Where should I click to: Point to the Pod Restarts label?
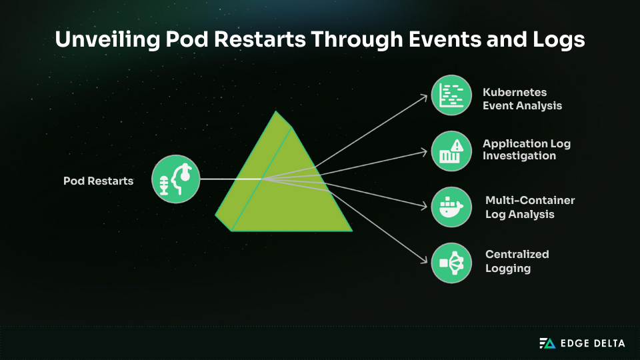click(98, 181)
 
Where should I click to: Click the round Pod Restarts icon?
click(175, 179)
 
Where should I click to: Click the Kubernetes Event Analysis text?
click(522, 99)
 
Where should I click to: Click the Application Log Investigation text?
click(527, 149)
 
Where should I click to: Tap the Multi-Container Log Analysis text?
click(529, 207)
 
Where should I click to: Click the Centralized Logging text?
click(517, 261)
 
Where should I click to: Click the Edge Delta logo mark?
click(547, 343)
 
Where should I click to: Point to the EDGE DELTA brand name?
click(593, 343)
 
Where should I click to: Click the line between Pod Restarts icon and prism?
click(230, 179)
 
